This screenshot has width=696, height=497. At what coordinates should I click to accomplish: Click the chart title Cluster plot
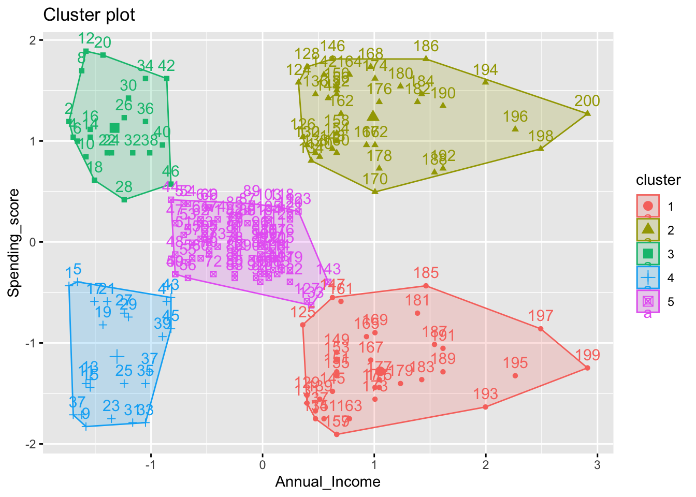[x=89, y=15]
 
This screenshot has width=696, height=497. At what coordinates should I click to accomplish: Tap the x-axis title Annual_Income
[x=328, y=482]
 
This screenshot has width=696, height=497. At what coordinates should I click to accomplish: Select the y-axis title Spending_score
[x=14, y=243]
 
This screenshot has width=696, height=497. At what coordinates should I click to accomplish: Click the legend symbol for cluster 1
[x=648, y=207]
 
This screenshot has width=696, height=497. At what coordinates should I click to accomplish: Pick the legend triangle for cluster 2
[x=648, y=230]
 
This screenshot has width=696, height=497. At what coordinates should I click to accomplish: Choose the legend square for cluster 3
[x=648, y=254]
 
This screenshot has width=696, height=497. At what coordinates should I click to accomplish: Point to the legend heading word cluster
[x=658, y=180]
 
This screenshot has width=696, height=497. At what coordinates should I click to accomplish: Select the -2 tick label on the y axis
[x=30, y=444]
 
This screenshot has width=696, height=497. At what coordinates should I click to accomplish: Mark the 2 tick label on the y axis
[x=33, y=40]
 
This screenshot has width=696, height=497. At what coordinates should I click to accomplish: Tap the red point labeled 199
[x=587, y=368]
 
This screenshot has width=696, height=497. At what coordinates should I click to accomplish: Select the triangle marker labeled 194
[x=486, y=81]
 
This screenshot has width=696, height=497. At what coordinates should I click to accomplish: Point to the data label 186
[x=426, y=47]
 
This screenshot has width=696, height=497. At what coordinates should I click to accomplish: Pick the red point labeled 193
[x=485, y=407]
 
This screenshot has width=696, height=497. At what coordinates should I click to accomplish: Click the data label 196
[x=515, y=117]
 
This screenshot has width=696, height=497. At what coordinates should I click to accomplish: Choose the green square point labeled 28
[x=124, y=199]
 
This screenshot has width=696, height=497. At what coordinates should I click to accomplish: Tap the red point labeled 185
[x=426, y=286]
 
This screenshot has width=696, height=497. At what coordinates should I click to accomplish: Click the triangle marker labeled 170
[x=375, y=192]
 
